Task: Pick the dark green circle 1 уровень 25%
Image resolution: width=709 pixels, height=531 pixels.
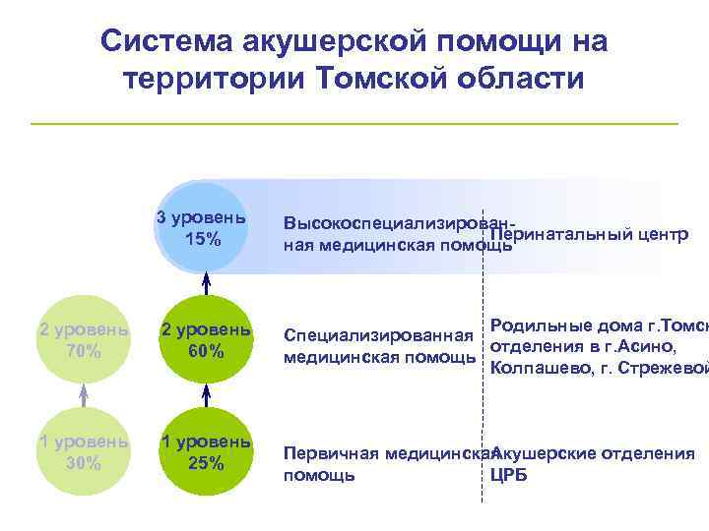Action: coord(206,451)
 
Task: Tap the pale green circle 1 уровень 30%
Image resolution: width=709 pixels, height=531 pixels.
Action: coord(84,451)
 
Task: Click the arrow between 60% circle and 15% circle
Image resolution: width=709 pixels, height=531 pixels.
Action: coord(206,283)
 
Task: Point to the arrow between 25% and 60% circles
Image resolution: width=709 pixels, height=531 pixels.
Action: coord(206,395)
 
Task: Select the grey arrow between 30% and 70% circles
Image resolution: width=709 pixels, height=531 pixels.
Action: coord(84,395)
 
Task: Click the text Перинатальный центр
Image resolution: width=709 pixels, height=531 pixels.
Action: coord(588,235)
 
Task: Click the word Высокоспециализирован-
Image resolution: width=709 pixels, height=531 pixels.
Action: coord(399,223)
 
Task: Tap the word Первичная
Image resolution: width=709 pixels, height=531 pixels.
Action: coord(327,453)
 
